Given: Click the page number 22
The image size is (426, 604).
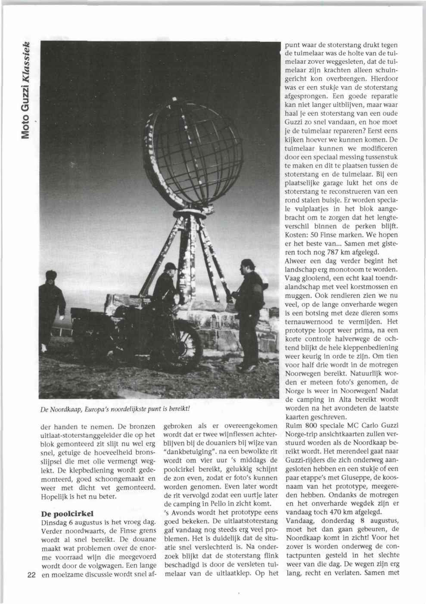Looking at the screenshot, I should (x=31, y=577).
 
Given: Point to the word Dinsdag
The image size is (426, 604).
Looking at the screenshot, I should (x=53, y=522).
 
